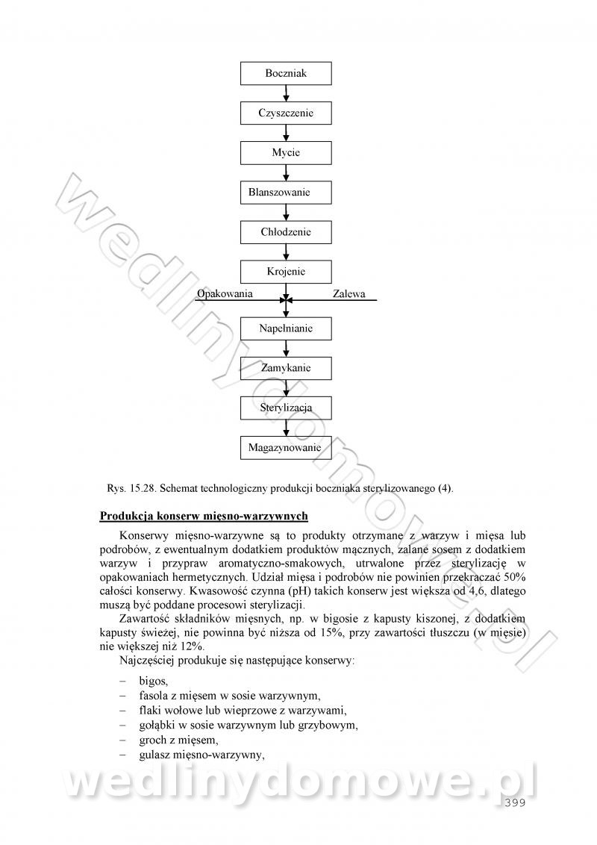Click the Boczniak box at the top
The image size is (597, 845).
pyautogui.click(x=286, y=73)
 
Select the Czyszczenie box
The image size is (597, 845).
pyautogui.click(x=286, y=113)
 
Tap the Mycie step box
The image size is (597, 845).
pyautogui.click(x=286, y=152)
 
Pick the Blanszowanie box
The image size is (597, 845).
pyautogui.click(x=286, y=192)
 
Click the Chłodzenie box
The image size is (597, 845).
pyautogui.click(x=286, y=231)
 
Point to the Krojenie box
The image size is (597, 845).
pyautogui.click(x=286, y=272)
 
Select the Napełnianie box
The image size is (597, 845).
pyautogui.click(x=286, y=328)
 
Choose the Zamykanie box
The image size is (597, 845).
pyautogui.click(x=286, y=368)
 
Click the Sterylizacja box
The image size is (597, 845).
pyautogui.click(x=286, y=408)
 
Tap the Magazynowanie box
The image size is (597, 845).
pyautogui.click(x=286, y=447)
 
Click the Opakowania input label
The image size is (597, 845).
pyautogui.click(x=225, y=293)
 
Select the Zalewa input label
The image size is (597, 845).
pyautogui.click(x=348, y=294)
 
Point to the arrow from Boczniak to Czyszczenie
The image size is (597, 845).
pyautogui.click(x=286, y=93)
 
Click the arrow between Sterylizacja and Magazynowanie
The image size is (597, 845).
pyautogui.click(x=286, y=428)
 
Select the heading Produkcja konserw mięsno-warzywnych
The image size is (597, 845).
pyautogui.click(x=204, y=516)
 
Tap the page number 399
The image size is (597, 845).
pyautogui.click(x=515, y=802)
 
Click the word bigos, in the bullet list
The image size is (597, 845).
pyautogui.click(x=154, y=681)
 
